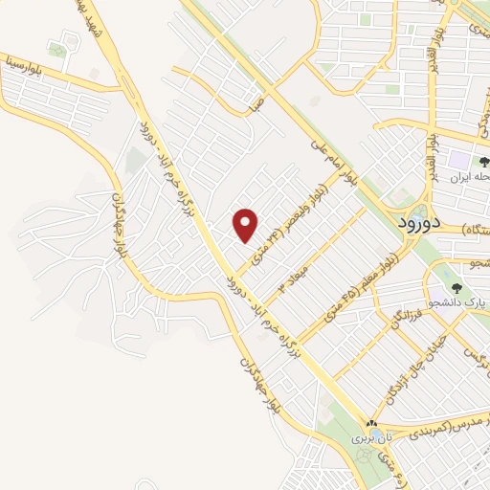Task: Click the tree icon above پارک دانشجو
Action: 454,286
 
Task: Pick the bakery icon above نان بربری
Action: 371,423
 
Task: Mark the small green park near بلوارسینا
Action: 58,50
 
